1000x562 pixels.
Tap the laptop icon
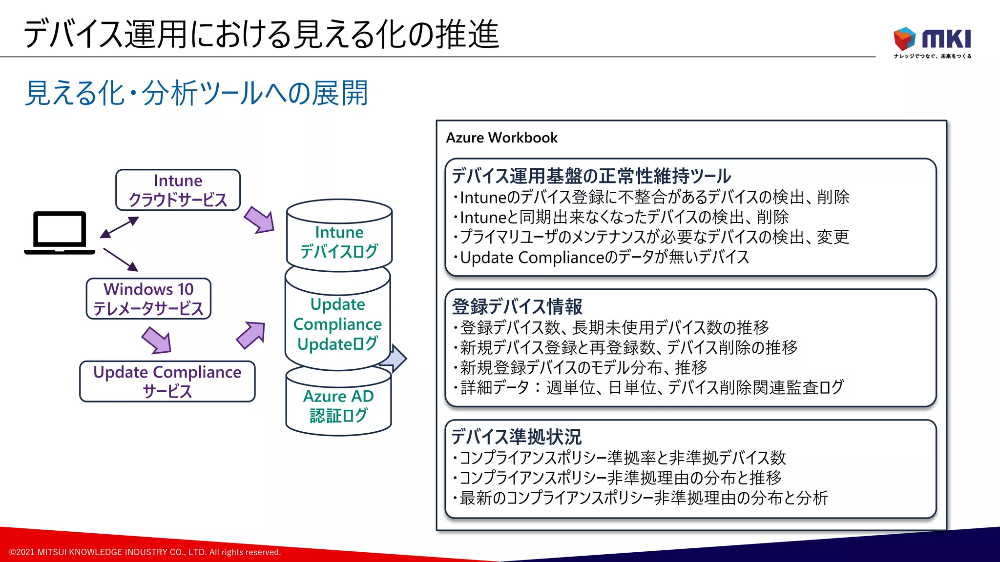60,233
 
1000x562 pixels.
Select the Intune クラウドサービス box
178,190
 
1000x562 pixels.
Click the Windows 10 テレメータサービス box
148,299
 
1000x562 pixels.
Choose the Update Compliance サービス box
167,381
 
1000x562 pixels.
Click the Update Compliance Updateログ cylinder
337,324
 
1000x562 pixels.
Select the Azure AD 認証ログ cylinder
338,405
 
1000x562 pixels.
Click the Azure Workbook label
501,138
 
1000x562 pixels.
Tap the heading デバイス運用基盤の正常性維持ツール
591,176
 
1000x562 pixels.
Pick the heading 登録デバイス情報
517,306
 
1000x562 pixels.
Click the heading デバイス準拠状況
516,437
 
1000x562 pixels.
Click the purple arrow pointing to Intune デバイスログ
259,220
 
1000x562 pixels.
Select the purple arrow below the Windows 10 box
157,340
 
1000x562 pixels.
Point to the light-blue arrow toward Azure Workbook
396,359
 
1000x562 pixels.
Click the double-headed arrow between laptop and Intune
120,227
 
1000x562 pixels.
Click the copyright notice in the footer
145,552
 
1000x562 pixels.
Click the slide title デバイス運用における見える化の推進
261,34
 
